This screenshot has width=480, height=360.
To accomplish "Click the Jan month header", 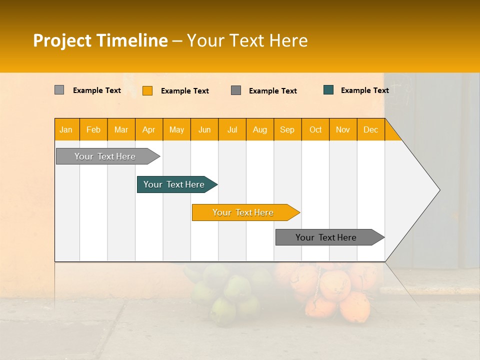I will pyautogui.click(x=66, y=129).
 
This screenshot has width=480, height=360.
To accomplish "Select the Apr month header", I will pyautogui.click(x=149, y=129).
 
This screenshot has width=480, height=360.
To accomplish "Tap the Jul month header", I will pyautogui.click(x=232, y=129).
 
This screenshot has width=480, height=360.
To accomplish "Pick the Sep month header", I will pyautogui.click(x=287, y=129).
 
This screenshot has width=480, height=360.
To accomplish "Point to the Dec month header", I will pyautogui.click(x=370, y=129).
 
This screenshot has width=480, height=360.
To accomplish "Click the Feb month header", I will pyautogui.click(x=93, y=129).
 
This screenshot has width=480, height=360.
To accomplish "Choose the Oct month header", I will pyautogui.click(x=315, y=129).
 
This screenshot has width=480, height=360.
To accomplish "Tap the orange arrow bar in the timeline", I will pyautogui.click(x=243, y=212).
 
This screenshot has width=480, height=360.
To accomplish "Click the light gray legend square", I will pyautogui.click(x=59, y=90).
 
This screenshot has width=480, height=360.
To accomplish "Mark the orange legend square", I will pyautogui.click(x=147, y=90).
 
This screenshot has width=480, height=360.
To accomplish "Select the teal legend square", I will pyautogui.click(x=328, y=90).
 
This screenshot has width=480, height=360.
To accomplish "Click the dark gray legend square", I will pyautogui.click(x=236, y=90).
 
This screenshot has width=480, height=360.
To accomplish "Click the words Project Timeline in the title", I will pyautogui.click(x=100, y=40).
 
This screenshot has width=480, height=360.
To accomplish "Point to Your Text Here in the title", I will pyautogui.click(x=247, y=40).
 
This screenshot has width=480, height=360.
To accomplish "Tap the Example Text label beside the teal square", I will pyautogui.click(x=364, y=90).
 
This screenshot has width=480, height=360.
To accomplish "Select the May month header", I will pyautogui.click(x=176, y=129).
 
